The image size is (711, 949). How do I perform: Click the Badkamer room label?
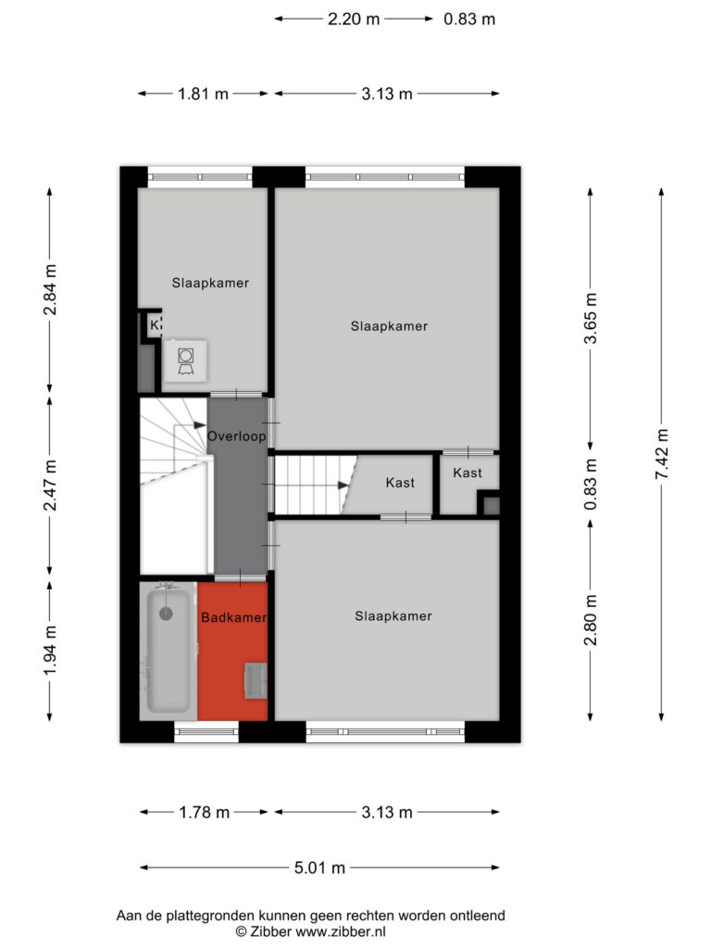[x=233, y=617]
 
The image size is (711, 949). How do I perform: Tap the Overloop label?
[x=236, y=437]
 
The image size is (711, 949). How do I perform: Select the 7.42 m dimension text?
[x=662, y=454]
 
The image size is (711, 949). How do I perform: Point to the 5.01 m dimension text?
[x=319, y=867]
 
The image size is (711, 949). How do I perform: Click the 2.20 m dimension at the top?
[x=354, y=19]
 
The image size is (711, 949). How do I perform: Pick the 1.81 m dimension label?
[x=203, y=94]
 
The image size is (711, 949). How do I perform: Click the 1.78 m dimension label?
[x=205, y=812]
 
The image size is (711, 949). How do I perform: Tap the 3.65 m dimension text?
[x=591, y=319]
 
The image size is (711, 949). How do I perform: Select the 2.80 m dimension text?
[x=591, y=620]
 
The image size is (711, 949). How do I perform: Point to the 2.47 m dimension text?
[x=50, y=485]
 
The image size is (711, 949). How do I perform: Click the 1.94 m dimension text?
[x=50, y=651]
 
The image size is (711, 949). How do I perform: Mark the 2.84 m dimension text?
[x=50, y=289]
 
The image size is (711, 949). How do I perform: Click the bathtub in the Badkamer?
[x=168, y=652]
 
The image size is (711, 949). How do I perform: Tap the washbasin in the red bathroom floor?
[x=256, y=681]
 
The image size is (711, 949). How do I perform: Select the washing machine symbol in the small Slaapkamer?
[x=185, y=361]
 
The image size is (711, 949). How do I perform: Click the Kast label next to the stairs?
[x=400, y=483]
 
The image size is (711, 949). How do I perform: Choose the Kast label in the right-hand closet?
[x=468, y=473]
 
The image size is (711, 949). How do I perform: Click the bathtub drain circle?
[x=166, y=614]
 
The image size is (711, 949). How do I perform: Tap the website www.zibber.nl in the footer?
[x=341, y=932]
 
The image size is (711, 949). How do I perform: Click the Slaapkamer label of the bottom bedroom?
[x=393, y=616]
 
